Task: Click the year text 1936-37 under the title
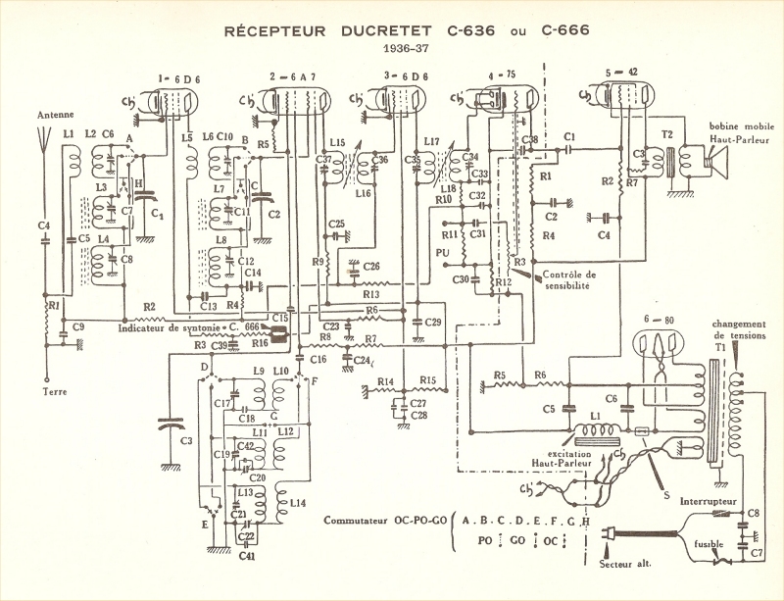tap(391, 49)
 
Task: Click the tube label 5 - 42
tap(624, 74)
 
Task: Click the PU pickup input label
tap(443, 252)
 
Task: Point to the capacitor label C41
tap(245, 557)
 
